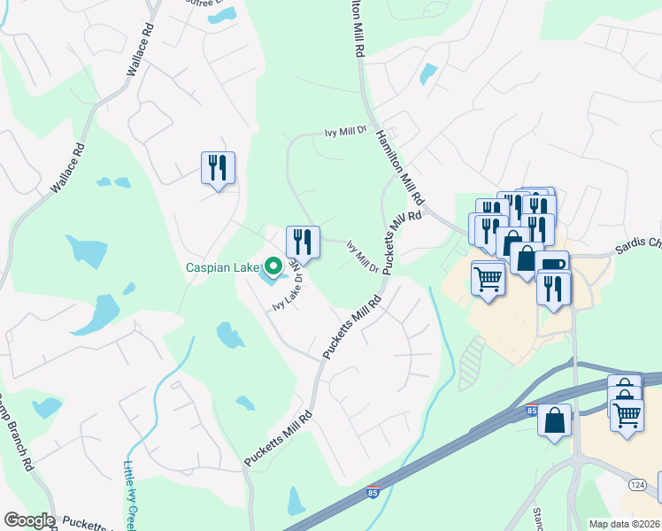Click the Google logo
[x=28, y=520]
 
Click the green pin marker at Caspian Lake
[x=273, y=265]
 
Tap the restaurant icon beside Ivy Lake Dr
[x=302, y=241]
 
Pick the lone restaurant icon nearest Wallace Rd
[x=217, y=167]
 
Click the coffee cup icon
[x=552, y=265]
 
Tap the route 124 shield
[x=636, y=485]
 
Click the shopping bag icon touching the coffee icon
[x=526, y=258]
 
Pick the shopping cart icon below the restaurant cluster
[x=488, y=279]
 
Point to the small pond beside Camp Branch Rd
[x=46, y=407]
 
